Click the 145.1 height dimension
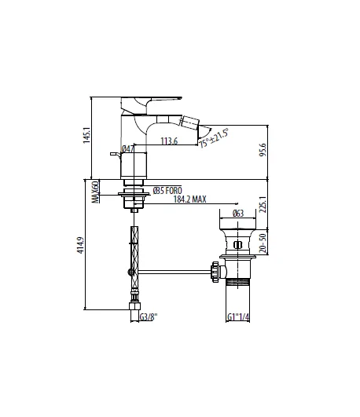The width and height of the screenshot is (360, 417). [x=86, y=135]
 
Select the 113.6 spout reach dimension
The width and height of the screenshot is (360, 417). [x=169, y=141]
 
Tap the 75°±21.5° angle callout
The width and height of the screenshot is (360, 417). [x=214, y=137]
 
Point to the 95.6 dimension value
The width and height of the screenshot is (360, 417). [x=263, y=150]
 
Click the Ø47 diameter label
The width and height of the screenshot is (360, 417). [x=127, y=149]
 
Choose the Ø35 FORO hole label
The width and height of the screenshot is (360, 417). [x=167, y=190]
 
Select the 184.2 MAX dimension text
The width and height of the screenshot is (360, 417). [x=190, y=199]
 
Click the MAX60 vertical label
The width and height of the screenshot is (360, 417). [x=95, y=192]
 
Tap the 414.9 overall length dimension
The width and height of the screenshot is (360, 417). [x=81, y=245]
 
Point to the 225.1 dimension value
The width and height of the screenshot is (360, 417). [x=263, y=204]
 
